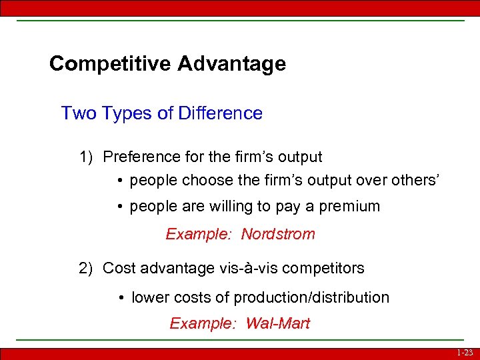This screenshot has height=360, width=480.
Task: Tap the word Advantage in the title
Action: pyautogui.click(x=232, y=64)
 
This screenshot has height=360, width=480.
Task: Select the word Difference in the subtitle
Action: pyautogui.click(x=221, y=113)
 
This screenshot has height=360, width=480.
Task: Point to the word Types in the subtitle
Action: pyautogui.click(x=127, y=113)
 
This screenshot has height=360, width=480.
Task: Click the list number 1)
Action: pyautogui.click(x=86, y=157)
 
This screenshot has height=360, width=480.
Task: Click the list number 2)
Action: pyautogui.click(x=86, y=269)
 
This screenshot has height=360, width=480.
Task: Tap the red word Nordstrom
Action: pyautogui.click(x=278, y=235)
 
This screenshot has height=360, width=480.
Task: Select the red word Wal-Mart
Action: pyautogui.click(x=278, y=324)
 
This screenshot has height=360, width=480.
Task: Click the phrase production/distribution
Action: pyautogui.click(x=319, y=298)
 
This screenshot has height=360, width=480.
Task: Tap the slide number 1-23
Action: pyautogui.click(x=465, y=353)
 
